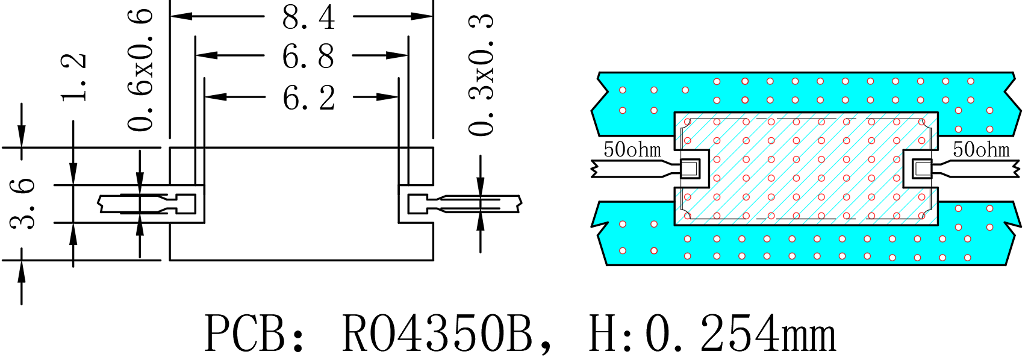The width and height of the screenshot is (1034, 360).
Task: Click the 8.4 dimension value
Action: click(x=308, y=17)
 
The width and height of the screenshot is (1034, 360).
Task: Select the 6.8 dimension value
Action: click(x=308, y=57)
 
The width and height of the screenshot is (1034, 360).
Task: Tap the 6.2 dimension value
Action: click(x=308, y=98)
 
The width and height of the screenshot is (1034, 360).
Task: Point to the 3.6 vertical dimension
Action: click(x=22, y=203)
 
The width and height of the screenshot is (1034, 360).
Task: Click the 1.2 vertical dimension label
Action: click(x=74, y=77)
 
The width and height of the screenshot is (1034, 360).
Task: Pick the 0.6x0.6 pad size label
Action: click(x=140, y=69)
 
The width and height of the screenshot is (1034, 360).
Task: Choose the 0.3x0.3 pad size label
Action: click(x=481, y=75)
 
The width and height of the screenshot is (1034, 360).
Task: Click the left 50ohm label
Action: click(x=632, y=149)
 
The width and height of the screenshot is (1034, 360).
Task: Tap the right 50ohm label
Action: click(x=981, y=149)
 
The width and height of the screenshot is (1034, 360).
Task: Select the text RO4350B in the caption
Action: click(x=437, y=333)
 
